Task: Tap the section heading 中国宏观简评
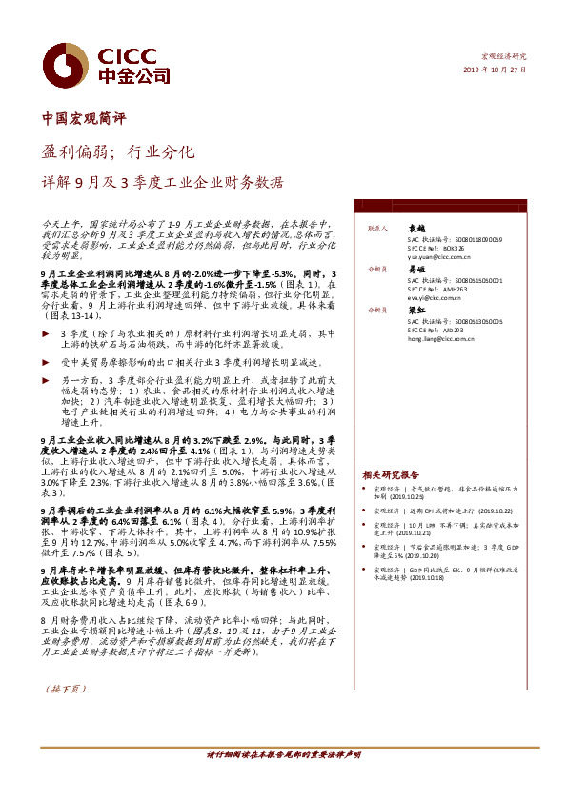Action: [85, 120]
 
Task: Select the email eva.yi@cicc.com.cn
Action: [437, 298]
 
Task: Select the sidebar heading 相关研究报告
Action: [391, 474]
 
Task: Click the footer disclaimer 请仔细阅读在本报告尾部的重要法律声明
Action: [283, 753]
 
